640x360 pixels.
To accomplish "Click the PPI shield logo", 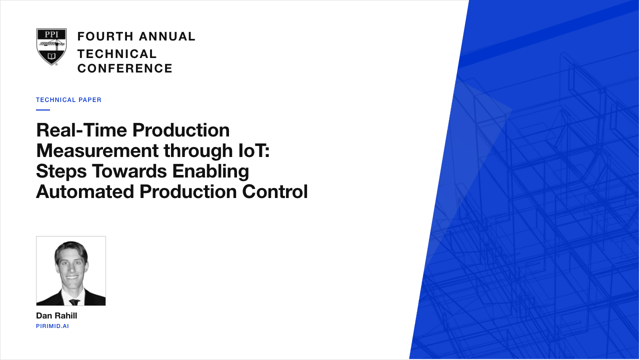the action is (x=51, y=47).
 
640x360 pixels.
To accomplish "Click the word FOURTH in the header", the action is (x=105, y=36).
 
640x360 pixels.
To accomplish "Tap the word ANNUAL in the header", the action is (x=167, y=36).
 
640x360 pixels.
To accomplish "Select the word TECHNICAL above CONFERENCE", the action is (x=117, y=54).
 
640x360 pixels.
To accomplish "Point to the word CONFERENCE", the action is (x=125, y=68).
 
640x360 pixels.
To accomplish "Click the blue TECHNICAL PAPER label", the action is (x=68, y=100).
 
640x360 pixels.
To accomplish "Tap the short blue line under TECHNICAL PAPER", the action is (x=43, y=109).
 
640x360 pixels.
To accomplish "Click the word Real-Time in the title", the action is (x=81, y=130).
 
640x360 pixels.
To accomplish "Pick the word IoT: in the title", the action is (x=254, y=150).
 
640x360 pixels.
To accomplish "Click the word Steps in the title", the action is (x=61, y=171).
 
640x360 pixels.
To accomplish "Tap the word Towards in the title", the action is (x=129, y=171).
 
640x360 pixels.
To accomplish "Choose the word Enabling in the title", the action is (x=210, y=171).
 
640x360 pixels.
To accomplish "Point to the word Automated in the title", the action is (x=85, y=191).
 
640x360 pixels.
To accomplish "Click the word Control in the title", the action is (x=275, y=191).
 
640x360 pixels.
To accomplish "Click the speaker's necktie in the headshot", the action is (x=74, y=302).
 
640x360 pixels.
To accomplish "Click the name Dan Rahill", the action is (x=56, y=315).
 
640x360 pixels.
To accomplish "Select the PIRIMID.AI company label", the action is (x=52, y=326).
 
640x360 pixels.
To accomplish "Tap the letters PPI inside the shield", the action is (x=51, y=34).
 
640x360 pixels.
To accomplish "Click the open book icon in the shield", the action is (x=51, y=55).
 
